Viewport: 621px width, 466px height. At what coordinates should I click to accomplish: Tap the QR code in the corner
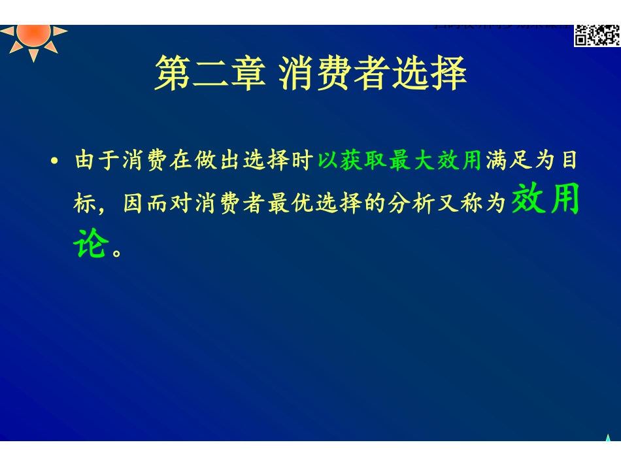[596, 35]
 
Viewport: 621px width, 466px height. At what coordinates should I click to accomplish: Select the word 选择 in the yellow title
[429, 73]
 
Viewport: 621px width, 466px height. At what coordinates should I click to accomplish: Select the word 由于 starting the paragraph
[98, 161]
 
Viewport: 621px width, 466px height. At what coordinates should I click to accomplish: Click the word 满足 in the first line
[509, 161]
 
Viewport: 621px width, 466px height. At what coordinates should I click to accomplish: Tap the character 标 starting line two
[86, 204]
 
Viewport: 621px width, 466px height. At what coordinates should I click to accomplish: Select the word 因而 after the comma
[146, 204]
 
